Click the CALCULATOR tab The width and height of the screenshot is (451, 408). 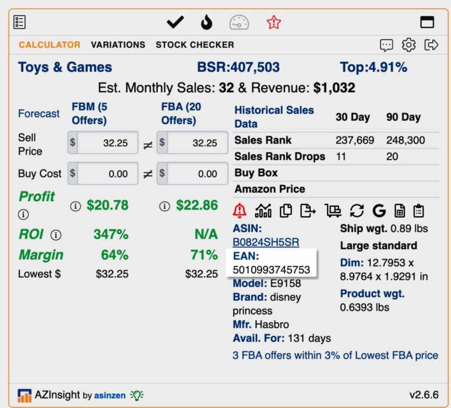tap(49, 45)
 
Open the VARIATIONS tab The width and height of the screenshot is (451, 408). tap(118, 45)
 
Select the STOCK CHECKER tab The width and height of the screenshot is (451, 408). tap(194, 45)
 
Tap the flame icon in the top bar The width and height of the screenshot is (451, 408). tap(206, 22)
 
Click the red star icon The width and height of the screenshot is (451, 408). tap(274, 22)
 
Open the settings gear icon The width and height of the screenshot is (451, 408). tap(409, 45)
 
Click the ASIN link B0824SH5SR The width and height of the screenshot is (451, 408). tap(266, 242)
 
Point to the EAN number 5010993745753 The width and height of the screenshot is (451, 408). tap(271, 269)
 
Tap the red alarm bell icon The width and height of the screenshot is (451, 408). tap(240, 210)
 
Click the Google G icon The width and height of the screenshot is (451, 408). tap(379, 210)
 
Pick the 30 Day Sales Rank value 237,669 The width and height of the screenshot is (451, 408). tap(354, 141)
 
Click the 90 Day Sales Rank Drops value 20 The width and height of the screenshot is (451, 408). tap(392, 157)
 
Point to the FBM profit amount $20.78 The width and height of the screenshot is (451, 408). tap(108, 205)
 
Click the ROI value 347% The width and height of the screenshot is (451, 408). tap(110, 234)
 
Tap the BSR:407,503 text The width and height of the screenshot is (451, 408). tap(238, 67)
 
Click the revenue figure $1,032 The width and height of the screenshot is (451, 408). tap(334, 88)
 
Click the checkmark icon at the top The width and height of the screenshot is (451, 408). tap(175, 22)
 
